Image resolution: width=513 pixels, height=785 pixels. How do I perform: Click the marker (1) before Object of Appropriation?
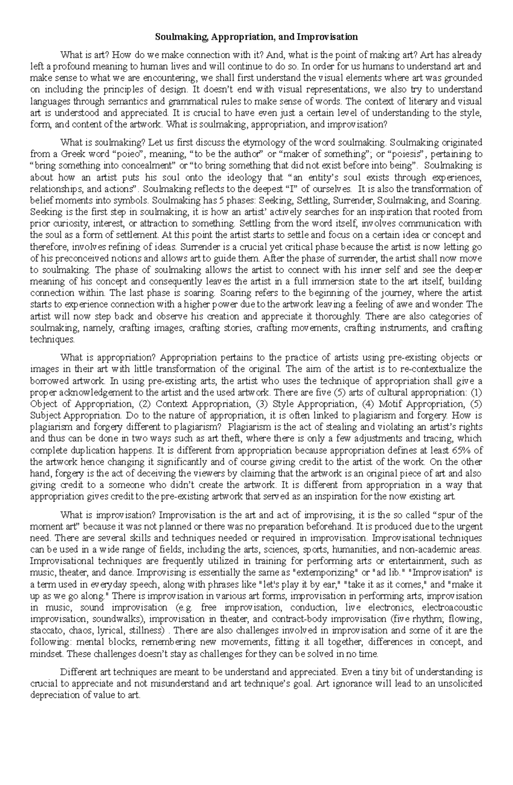tap(476, 392)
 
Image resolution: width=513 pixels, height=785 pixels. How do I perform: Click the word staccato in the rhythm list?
tap(45, 631)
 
